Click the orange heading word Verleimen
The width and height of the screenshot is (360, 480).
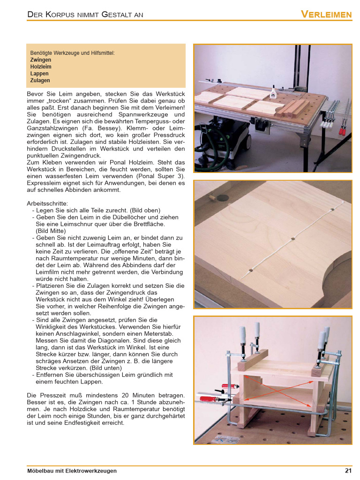(x=326, y=14)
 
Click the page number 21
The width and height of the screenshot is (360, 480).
(x=348, y=471)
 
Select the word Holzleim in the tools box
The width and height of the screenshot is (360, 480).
(x=41, y=67)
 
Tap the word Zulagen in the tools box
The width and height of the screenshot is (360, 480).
(x=40, y=80)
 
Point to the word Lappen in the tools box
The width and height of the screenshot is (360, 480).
(x=39, y=74)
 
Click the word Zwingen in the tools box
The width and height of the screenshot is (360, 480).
(x=40, y=60)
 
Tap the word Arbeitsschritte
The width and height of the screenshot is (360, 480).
(x=47, y=203)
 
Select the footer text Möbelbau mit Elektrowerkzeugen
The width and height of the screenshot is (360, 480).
(x=72, y=471)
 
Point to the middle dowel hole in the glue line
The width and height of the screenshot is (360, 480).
(x=292, y=238)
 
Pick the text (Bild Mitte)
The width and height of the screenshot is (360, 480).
(x=51, y=231)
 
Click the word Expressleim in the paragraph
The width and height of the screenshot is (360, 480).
(x=44, y=183)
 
